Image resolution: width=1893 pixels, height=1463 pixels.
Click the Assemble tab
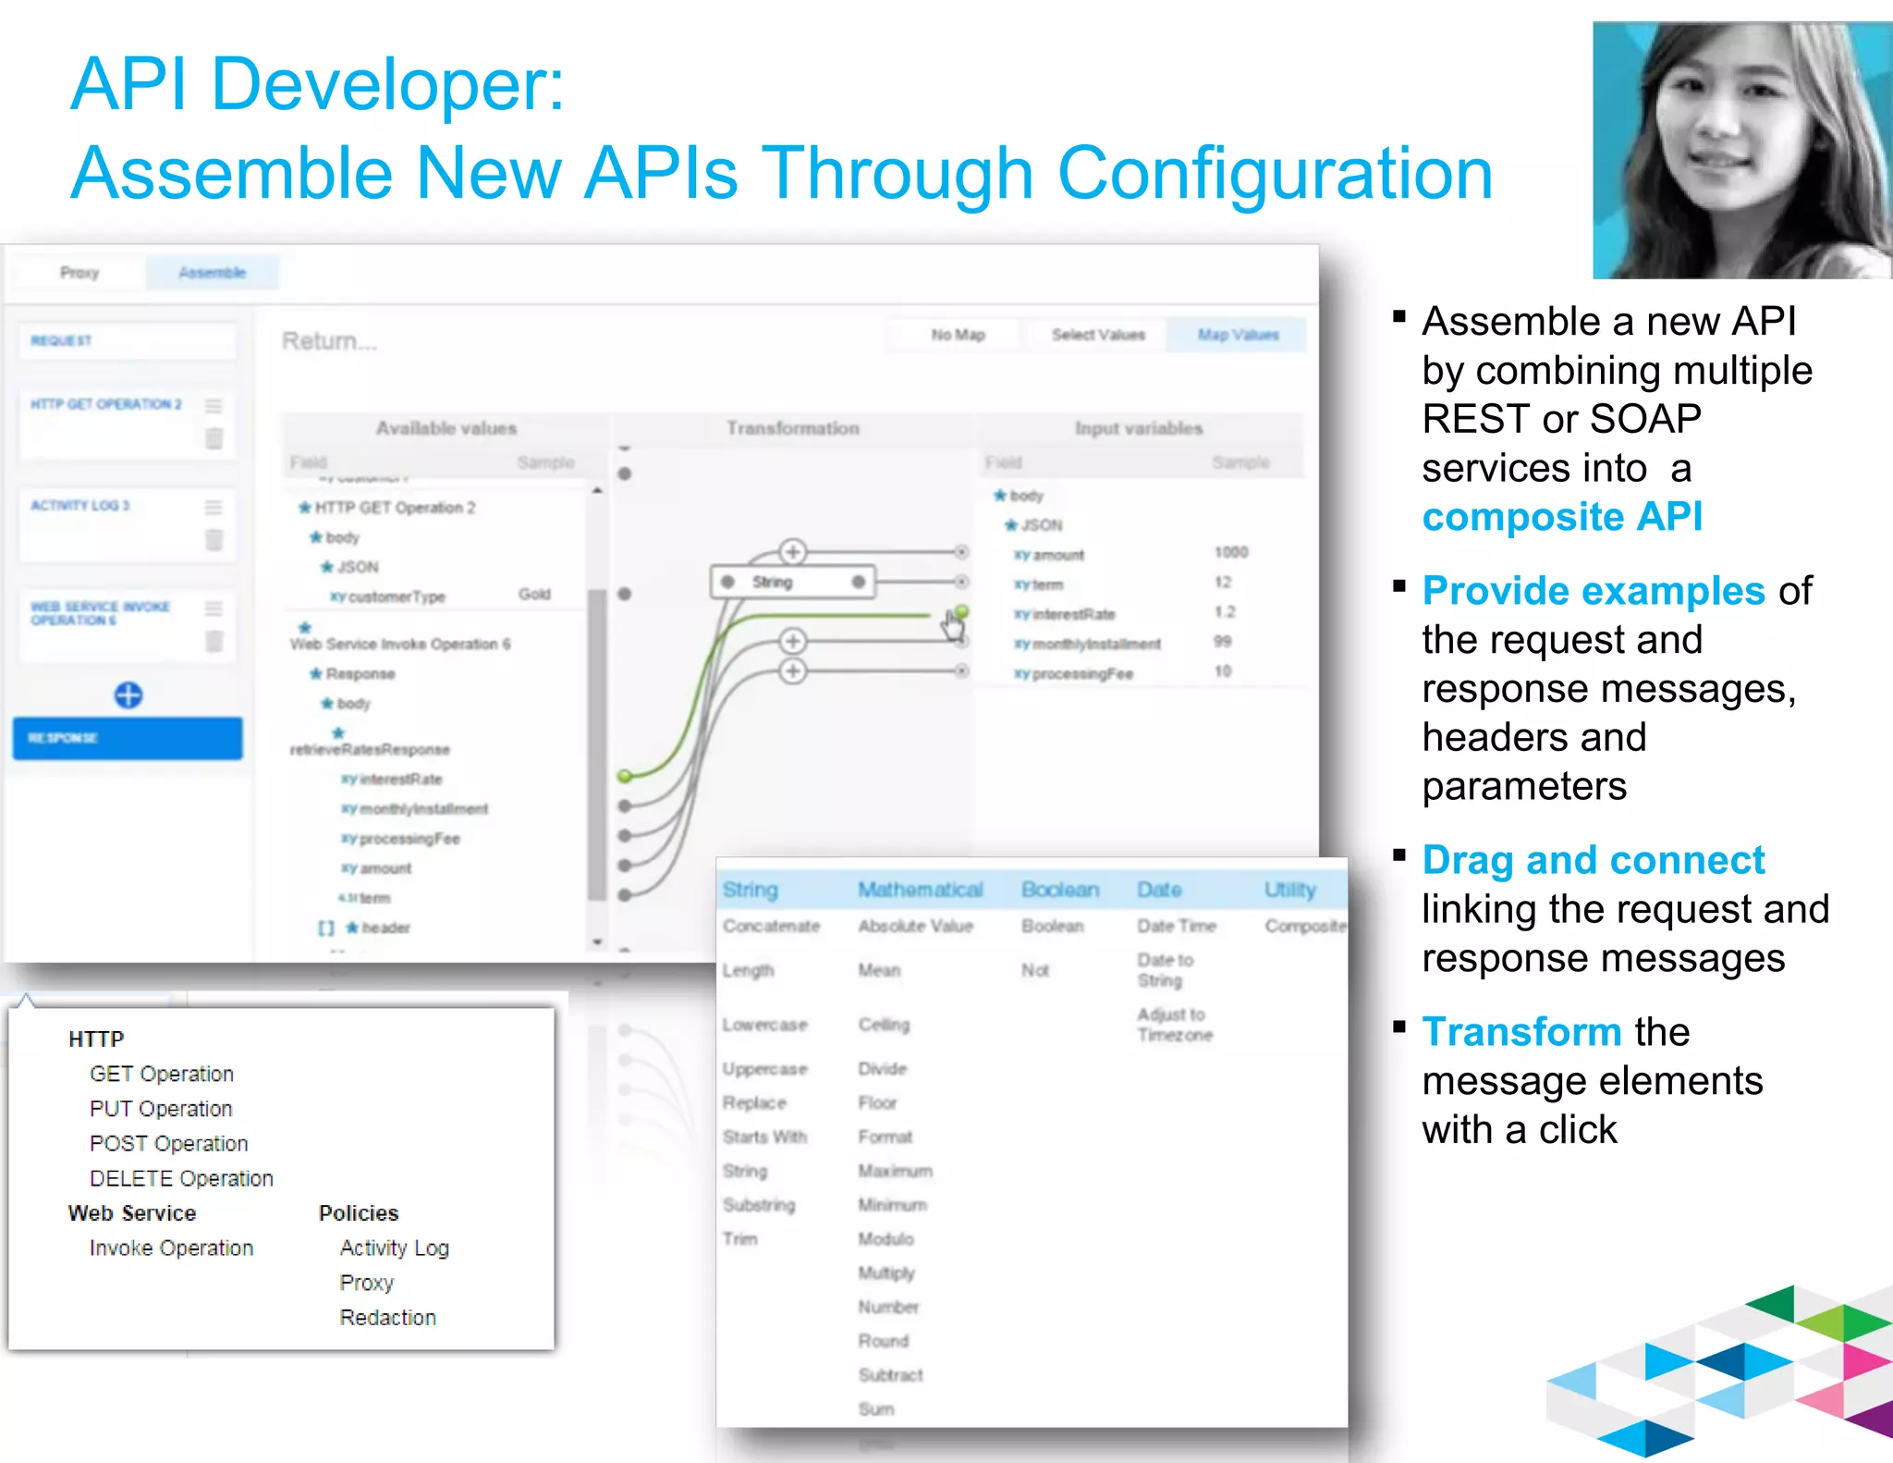pyautogui.click(x=212, y=273)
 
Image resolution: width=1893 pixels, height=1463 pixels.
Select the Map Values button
pyautogui.click(x=1238, y=335)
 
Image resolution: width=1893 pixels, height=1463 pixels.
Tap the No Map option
pyautogui.click(x=958, y=335)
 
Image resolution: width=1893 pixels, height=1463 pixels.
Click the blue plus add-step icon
pyautogui.click(x=128, y=695)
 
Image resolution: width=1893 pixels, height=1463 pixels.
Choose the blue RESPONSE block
pyautogui.click(x=128, y=738)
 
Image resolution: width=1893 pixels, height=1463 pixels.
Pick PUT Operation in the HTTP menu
pyautogui.click(x=161, y=1109)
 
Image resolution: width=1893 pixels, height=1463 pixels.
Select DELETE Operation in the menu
pyautogui.click(x=181, y=1178)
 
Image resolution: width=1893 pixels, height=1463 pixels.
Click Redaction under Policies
pyautogui.click(x=387, y=1317)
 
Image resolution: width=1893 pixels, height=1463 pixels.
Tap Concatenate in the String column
pyautogui.click(x=771, y=926)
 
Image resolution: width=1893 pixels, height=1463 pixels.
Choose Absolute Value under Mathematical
pyautogui.click(x=915, y=926)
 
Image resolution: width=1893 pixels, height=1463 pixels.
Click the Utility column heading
pyautogui.click(x=1290, y=890)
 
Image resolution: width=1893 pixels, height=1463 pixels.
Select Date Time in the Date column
pyautogui.click(x=1176, y=926)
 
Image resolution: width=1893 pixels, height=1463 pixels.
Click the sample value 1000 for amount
pyautogui.click(x=1230, y=552)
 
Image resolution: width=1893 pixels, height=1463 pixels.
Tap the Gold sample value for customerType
pyautogui.click(x=534, y=594)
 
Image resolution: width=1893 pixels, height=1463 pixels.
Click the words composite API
pyautogui.click(x=1561, y=516)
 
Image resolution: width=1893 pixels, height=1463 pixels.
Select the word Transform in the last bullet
pyautogui.click(x=1521, y=1031)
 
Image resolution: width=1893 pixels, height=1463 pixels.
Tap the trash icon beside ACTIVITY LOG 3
pyautogui.click(x=214, y=539)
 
